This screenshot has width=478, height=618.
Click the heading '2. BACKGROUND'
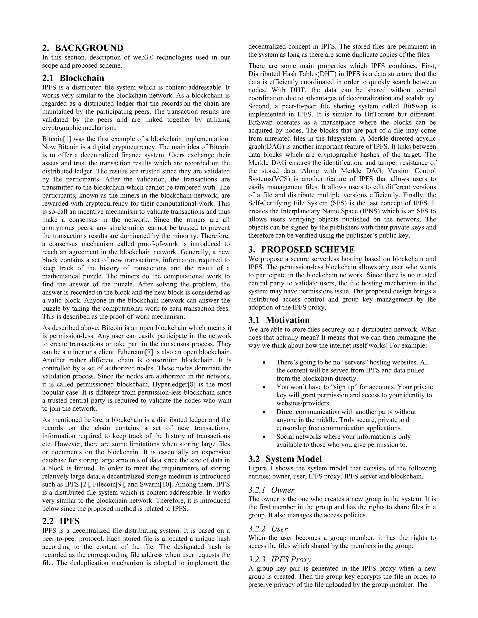point(83,48)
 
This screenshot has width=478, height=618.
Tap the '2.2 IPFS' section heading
point(61,521)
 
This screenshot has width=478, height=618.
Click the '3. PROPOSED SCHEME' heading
point(301,249)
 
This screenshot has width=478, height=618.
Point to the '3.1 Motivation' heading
point(279,320)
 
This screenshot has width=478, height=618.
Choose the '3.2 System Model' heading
point(285,459)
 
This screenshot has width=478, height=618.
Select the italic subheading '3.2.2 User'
point(268,529)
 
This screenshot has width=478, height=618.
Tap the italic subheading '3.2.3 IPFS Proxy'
point(280,559)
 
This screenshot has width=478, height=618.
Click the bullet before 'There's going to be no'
point(264,362)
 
